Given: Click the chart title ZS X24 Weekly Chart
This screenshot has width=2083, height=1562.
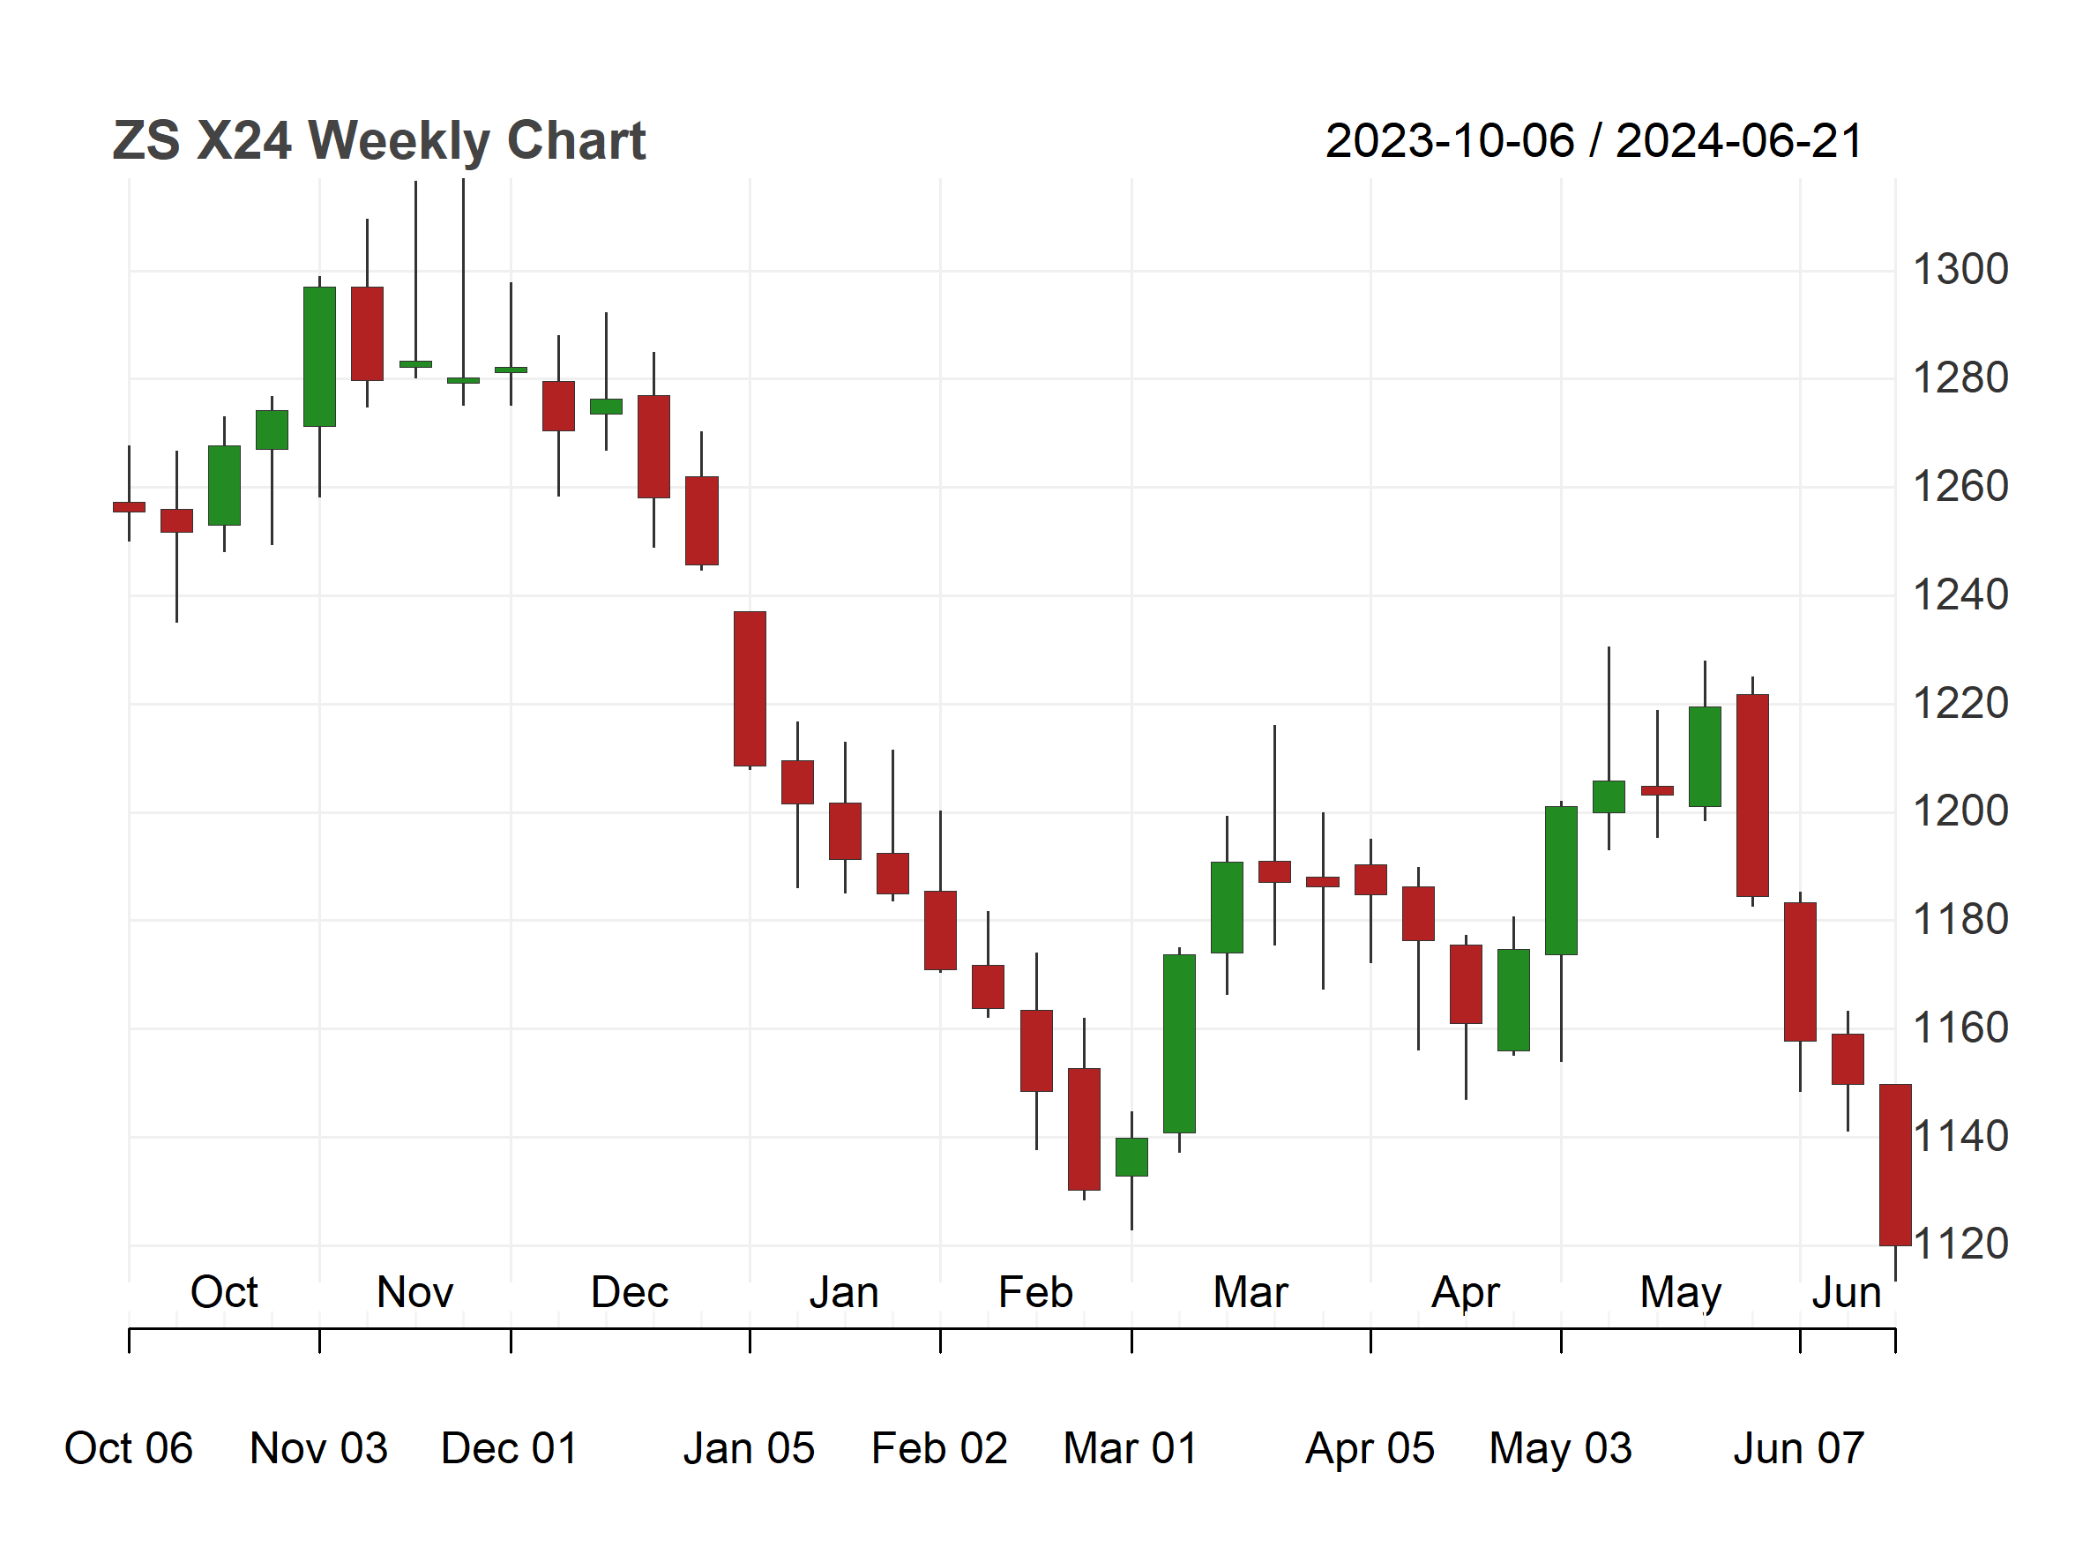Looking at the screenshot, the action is point(378,141).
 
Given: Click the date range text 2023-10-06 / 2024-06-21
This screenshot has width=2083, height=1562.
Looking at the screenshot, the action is point(1594,141).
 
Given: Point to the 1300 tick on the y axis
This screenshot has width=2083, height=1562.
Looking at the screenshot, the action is point(1960,270).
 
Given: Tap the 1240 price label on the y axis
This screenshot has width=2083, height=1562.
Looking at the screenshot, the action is point(1960,595).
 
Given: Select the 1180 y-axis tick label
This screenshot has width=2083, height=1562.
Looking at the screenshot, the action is point(1960,920).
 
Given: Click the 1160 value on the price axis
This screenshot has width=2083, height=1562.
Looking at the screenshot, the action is point(1960,1028).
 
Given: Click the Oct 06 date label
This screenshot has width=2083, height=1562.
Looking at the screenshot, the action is point(128,1448).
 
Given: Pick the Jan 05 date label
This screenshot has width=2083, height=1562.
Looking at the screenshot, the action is point(749,1448).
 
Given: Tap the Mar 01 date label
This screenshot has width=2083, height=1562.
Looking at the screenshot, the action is point(1130,1448).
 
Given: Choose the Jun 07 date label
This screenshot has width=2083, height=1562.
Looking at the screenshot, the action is point(1799,1448).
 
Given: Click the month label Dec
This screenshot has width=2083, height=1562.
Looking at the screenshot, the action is point(629,1293).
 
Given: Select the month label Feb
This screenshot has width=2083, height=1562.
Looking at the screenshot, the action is point(1035,1293).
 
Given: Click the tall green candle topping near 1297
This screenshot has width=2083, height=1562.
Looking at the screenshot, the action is point(319,357).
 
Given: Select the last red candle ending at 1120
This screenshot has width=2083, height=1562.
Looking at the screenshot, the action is point(1894,1165).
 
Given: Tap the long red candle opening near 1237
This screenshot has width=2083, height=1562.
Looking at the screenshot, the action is point(750,688).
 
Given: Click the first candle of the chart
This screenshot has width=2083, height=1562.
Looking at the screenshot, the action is point(129,507).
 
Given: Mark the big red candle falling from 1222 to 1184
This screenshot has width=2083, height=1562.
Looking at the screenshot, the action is point(1752,796).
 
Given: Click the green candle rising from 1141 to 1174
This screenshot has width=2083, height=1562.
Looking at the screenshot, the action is point(1179,1043).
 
